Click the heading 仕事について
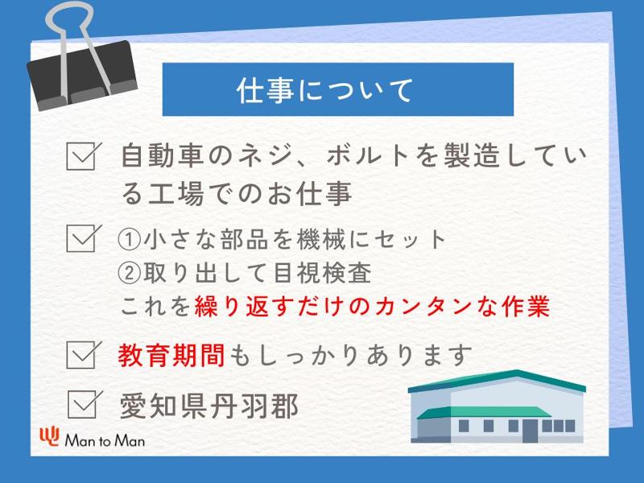(325, 90)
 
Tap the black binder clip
(82, 76)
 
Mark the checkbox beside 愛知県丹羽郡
(85, 404)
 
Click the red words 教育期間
(171, 355)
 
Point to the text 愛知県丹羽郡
(209, 406)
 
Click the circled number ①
(130, 239)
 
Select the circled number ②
(130, 272)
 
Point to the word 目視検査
(322, 272)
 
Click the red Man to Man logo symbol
(50, 436)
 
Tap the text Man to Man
(105, 440)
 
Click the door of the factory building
(530, 431)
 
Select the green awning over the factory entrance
(484, 412)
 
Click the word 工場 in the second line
(176, 193)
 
